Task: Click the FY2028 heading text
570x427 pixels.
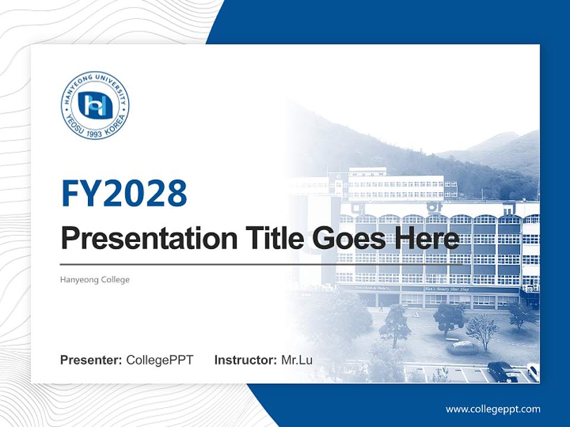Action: click(x=124, y=193)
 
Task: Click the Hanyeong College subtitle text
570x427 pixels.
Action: click(x=95, y=279)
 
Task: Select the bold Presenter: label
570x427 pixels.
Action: click(x=91, y=360)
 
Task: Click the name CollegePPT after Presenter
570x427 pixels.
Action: click(x=160, y=360)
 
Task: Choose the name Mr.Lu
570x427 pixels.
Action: click(x=296, y=360)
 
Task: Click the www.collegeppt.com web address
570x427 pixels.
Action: click(x=493, y=409)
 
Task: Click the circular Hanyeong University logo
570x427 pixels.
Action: click(x=95, y=106)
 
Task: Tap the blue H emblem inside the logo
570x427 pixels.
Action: click(x=95, y=105)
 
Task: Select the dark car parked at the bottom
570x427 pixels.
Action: click(x=502, y=371)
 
